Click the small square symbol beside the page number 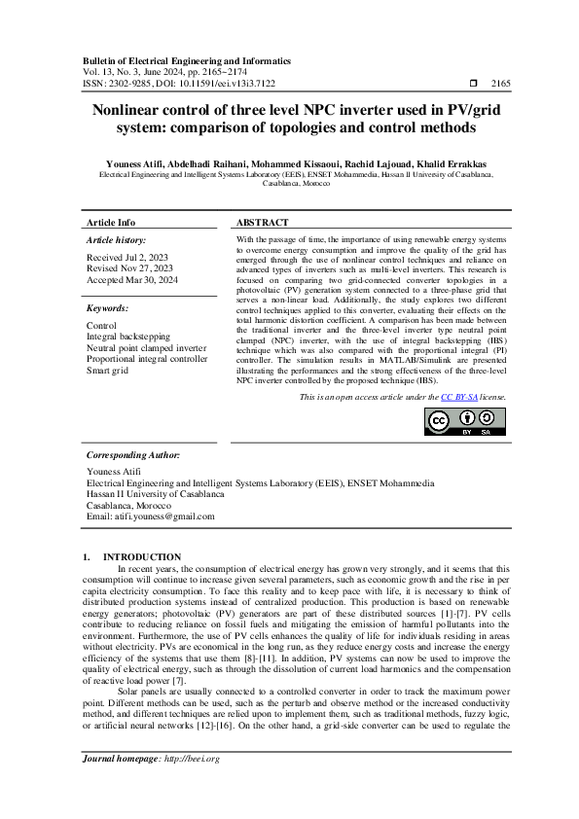[x=473, y=84]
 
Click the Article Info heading [x=111, y=222]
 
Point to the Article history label [x=117, y=239]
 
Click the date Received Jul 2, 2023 [x=127, y=257]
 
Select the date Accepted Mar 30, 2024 [x=132, y=278]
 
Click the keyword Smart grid [x=111, y=370]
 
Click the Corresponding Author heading [x=133, y=454]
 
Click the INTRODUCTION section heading [x=148, y=557]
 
